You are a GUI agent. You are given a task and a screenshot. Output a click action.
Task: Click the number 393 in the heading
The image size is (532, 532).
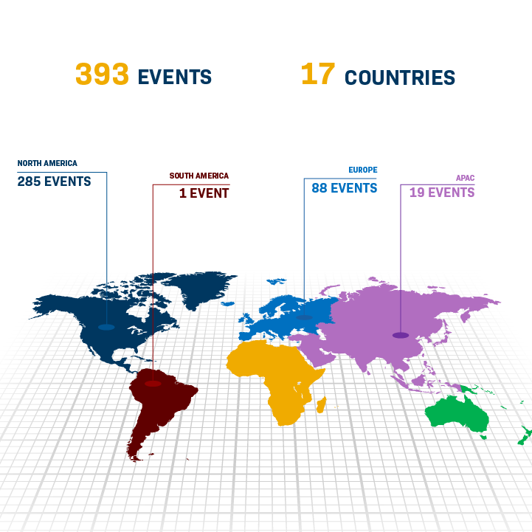103,75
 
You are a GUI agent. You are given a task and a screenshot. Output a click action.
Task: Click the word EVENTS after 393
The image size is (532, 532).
175,77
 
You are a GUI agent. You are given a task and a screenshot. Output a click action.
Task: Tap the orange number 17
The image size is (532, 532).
318,75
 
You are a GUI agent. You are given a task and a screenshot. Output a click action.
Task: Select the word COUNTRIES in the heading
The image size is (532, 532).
400,77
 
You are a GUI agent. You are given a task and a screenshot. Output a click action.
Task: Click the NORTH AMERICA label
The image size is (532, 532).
47,163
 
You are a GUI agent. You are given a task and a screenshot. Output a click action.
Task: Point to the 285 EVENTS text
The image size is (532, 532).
55,182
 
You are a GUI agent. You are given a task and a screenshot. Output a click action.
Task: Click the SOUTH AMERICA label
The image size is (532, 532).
199,176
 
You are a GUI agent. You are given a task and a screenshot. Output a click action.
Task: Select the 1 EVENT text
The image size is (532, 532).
204,193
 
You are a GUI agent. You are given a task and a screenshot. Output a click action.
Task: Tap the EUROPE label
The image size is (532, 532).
363,170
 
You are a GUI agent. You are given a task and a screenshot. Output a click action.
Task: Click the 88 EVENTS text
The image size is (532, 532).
345,188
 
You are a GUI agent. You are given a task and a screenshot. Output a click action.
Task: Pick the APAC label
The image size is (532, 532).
465,178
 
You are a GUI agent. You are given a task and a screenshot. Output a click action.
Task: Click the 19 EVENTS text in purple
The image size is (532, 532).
442,193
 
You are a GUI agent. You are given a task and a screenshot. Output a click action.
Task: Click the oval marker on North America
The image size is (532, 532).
106,326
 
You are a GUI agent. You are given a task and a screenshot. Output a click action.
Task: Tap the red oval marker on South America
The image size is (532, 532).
153,384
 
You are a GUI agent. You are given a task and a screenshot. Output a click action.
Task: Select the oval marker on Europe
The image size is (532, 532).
304,318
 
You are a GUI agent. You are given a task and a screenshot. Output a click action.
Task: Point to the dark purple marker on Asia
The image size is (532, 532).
401,335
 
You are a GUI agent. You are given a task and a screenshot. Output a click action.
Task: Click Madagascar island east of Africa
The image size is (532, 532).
321,404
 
